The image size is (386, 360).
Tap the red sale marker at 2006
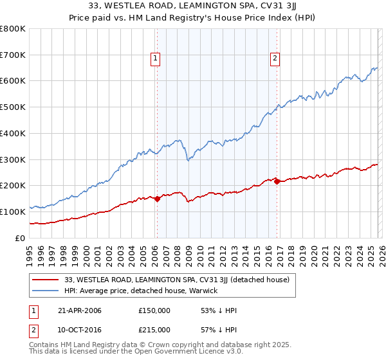(x=157, y=199)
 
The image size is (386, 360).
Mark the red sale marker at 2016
(x=277, y=181)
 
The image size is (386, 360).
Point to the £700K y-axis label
(x=13, y=55)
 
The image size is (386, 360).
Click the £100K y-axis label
(x=13, y=212)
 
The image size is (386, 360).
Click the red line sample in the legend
(x=46, y=280)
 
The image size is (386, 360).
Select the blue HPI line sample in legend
(x=46, y=291)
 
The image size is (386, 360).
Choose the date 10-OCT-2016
(x=78, y=330)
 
